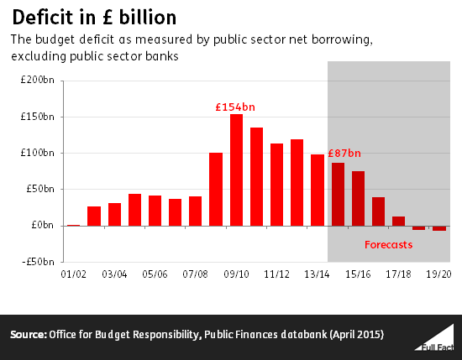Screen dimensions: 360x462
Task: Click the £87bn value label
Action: click(344, 154)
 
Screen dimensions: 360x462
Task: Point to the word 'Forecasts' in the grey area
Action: click(388, 245)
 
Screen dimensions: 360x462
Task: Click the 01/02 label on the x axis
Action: click(74, 274)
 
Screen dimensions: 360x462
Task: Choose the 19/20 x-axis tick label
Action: click(439, 274)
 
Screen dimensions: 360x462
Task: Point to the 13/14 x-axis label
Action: click(318, 274)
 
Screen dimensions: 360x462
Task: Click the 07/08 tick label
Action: click(196, 274)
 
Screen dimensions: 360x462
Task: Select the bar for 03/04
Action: click(114, 214)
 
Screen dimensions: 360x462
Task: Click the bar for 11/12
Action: click(276, 185)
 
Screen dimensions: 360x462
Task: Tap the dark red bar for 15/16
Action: click(358, 198)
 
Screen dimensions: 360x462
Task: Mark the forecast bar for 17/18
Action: click(398, 221)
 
